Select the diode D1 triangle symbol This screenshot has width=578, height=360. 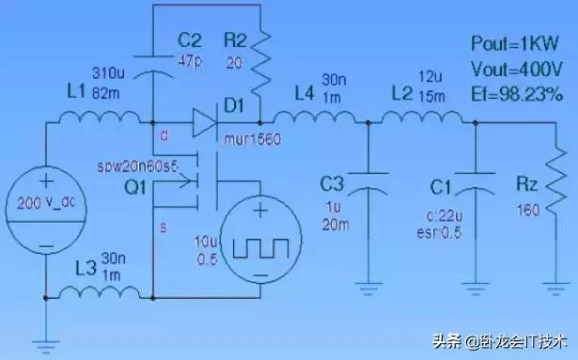[204, 119]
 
